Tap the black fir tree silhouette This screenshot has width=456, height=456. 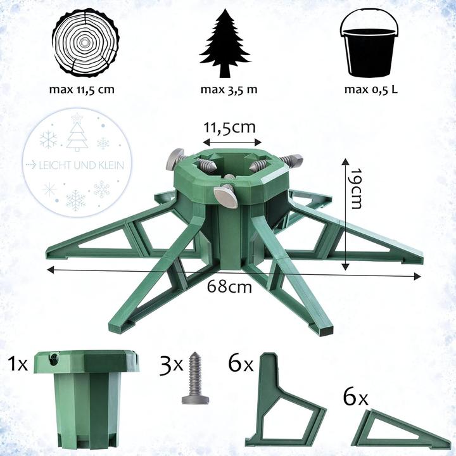click(x=229, y=43)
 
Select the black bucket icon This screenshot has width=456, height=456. click(x=371, y=43)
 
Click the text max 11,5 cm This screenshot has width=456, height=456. click(x=82, y=89)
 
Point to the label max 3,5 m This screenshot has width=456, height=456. click(x=229, y=89)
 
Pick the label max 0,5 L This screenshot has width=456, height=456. click(x=371, y=89)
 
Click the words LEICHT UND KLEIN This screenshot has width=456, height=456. click(x=82, y=165)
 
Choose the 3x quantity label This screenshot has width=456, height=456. click(x=170, y=365)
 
